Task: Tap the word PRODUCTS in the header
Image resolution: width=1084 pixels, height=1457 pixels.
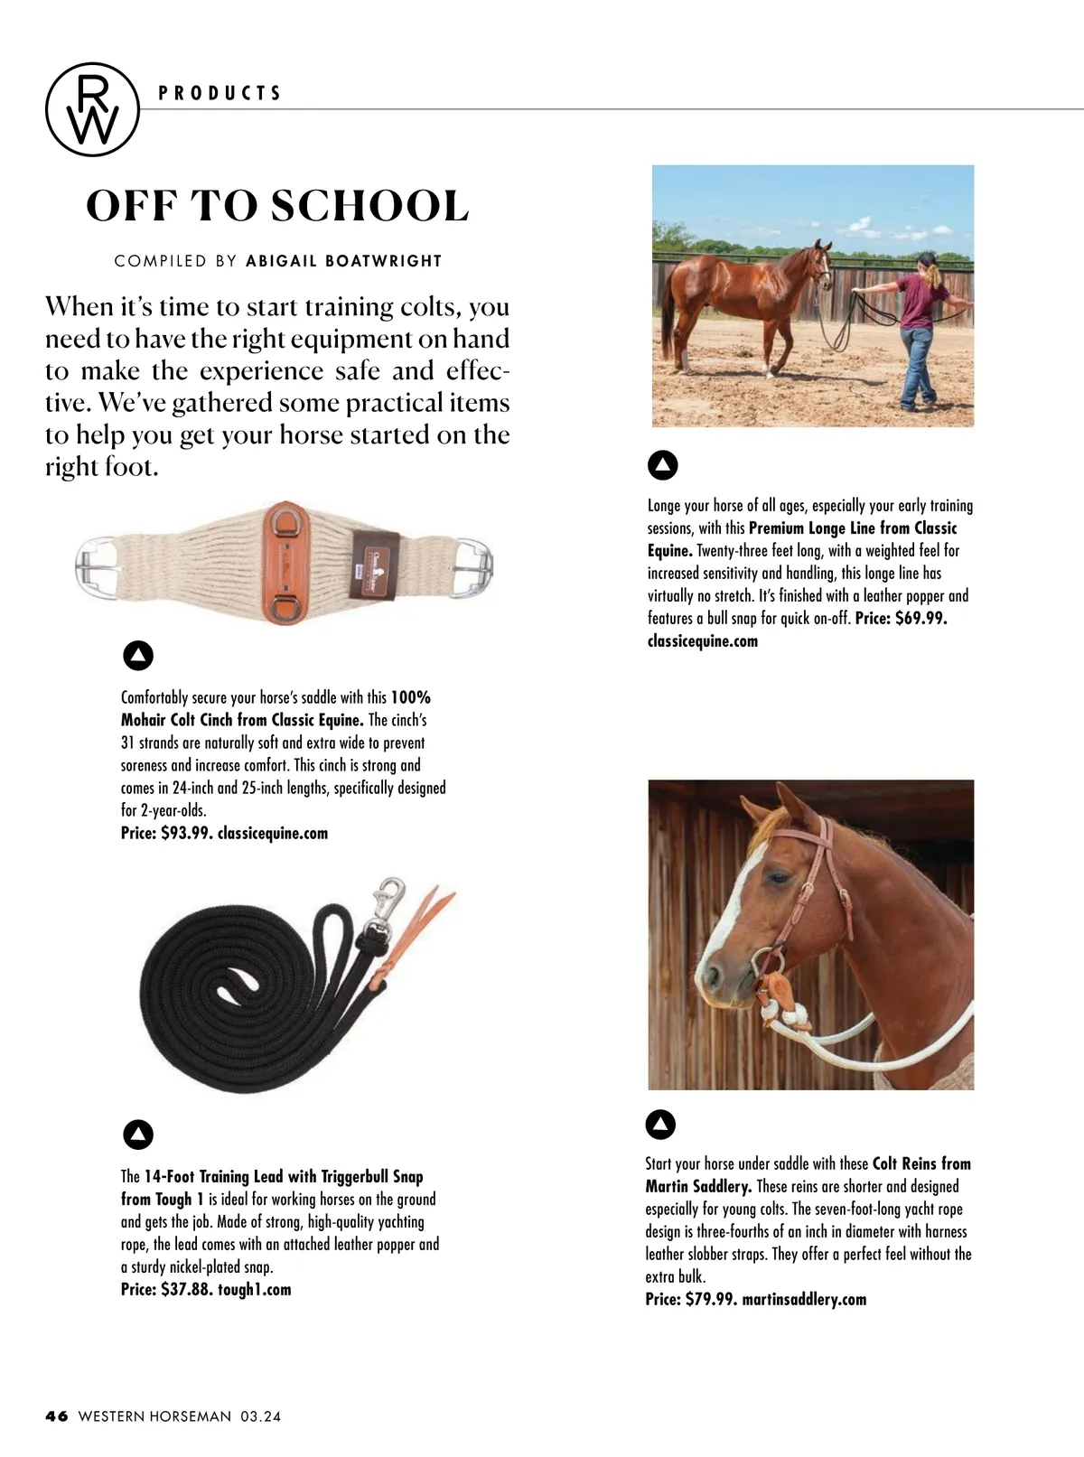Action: pyautogui.click(x=220, y=93)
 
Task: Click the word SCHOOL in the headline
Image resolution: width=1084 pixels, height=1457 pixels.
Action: pyautogui.click(x=369, y=206)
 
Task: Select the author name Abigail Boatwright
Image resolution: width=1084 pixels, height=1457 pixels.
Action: pyautogui.click(x=343, y=261)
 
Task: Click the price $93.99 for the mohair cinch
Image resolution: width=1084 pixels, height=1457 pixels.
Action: pyautogui.click(x=186, y=833)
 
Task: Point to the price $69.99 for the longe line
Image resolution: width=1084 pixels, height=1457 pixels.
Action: pyautogui.click(x=920, y=619)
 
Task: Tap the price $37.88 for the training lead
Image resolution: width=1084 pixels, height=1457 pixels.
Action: pyautogui.click(x=186, y=1289)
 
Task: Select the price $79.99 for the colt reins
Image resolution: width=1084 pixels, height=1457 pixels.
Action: pyautogui.click(x=711, y=1299)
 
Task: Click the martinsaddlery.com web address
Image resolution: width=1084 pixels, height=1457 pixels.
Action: pyautogui.click(x=804, y=1299)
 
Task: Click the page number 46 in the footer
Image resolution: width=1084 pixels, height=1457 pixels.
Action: pyautogui.click(x=57, y=1416)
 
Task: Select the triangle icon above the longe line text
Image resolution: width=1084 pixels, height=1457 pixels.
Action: pyautogui.click(x=663, y=465)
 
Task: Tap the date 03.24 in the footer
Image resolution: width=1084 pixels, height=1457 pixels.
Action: pyautogui.click(x=260, y=1416)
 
